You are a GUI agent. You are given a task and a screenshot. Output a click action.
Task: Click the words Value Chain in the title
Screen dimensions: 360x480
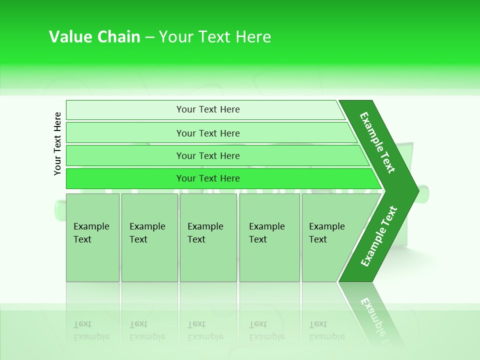94,37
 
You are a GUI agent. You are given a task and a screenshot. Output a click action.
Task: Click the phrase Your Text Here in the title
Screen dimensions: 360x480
215,37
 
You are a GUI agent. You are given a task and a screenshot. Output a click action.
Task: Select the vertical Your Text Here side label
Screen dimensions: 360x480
57,143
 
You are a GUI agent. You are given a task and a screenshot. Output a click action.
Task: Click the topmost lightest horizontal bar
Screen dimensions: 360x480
125,110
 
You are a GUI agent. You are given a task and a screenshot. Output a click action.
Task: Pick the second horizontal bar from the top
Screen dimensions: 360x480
125,133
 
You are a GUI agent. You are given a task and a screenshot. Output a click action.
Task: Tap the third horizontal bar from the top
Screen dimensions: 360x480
125,155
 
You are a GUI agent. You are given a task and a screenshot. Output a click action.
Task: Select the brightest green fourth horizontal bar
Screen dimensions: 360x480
125,178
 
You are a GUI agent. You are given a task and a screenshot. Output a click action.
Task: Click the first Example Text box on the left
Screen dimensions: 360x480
92,250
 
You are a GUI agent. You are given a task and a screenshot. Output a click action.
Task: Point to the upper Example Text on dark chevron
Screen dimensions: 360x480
377,142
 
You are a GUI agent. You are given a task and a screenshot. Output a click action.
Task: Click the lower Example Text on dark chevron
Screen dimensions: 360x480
378,236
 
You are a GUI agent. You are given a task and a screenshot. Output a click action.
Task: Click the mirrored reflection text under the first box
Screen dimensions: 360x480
91,330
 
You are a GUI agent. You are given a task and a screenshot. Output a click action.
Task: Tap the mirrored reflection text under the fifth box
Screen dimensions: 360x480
326,330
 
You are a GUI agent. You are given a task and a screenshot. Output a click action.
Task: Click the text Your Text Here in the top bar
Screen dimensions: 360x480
208,109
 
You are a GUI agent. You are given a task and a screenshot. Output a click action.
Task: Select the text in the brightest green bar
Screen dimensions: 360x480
208,178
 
